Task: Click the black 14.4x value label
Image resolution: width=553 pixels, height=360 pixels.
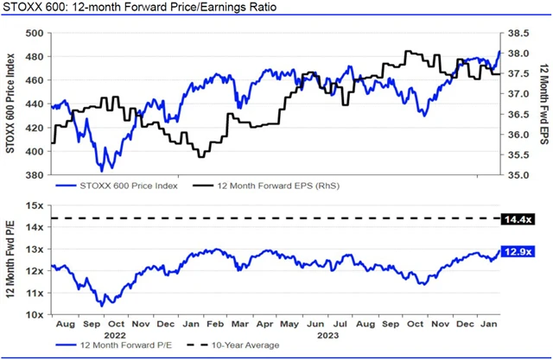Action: click(518, 219)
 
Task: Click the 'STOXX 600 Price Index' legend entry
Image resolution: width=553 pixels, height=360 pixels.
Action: click(126, 186)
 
